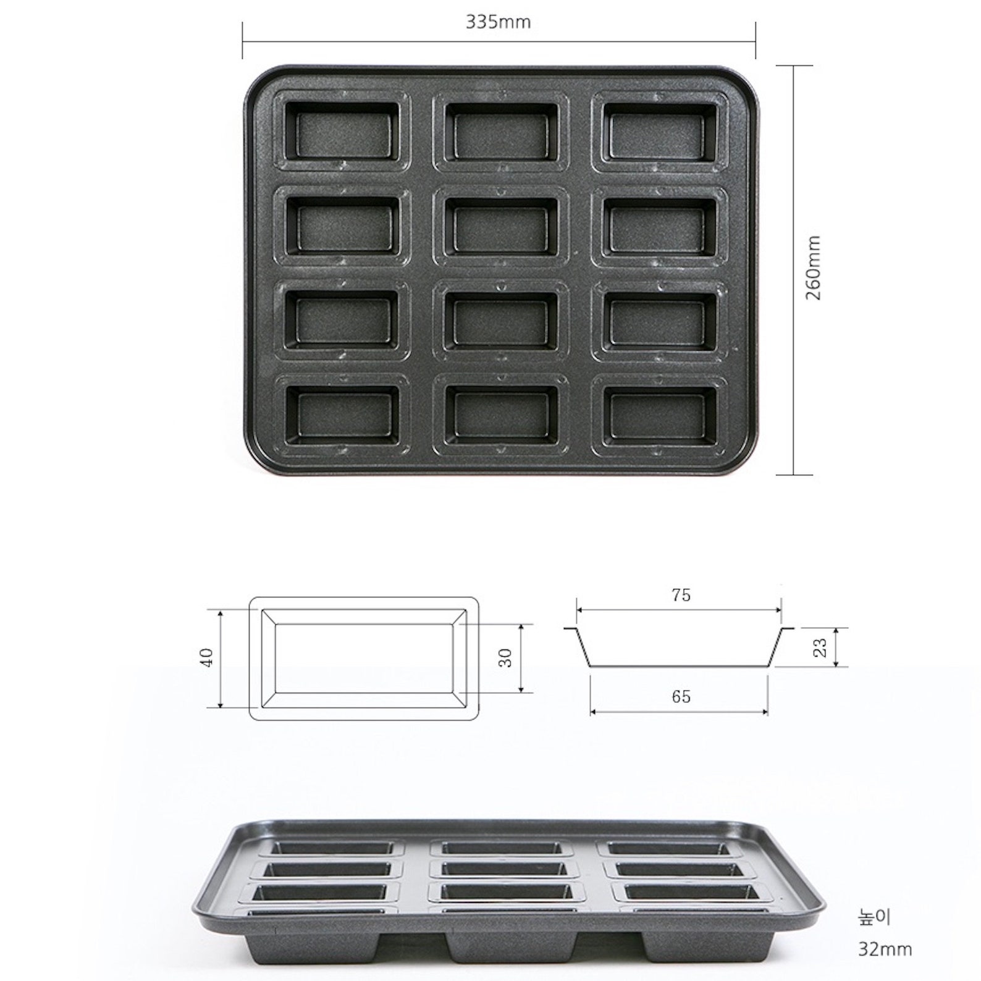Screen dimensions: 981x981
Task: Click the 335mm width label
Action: pyautogui.click(x=498, y=22)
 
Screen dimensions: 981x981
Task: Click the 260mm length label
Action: pyautogui.click(x=814, y=267)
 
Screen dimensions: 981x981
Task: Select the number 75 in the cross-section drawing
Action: pyautogui.click(x=680, y=595)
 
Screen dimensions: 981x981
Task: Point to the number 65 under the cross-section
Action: pyautogui.click(x=680, y=696)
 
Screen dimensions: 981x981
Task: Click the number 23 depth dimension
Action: pyautogui.click(x=820, y=647)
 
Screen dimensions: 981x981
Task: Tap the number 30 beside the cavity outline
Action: pyautogui.click(x=505, y=657)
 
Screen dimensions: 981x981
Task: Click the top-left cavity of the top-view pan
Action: pyautogui.click(x=342, y=131)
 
